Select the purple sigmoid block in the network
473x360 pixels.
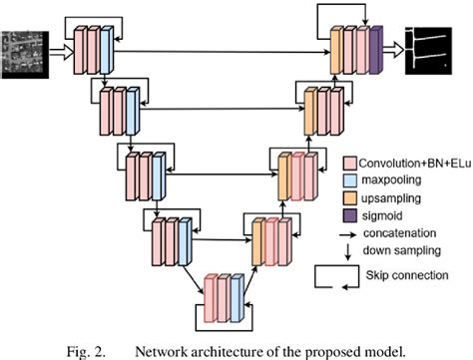point(376,48)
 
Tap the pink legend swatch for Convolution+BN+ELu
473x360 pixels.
point(351,162)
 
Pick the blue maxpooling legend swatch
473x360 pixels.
point(351,180)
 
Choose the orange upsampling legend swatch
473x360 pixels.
point(351,198)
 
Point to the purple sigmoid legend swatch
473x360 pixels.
point(351,216)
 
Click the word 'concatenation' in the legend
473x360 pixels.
point(410,234)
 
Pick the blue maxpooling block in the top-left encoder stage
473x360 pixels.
point(105,47)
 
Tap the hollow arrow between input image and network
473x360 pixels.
point(56,46)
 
